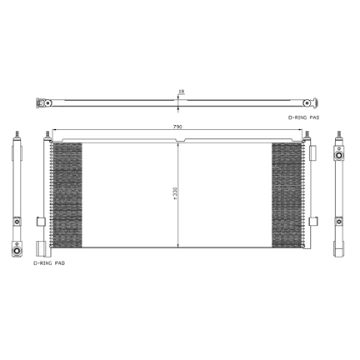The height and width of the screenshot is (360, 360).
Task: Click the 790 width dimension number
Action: tap(177, 127)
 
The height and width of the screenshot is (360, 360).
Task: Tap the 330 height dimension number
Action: tap(175, 193)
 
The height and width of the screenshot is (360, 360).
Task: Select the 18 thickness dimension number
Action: tap(182, 92)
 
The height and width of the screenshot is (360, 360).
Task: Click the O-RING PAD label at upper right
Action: tap(303, 117)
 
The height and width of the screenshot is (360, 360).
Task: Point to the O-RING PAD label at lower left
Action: tap(49, 263)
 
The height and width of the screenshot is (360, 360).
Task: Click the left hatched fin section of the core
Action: tap(67, 195)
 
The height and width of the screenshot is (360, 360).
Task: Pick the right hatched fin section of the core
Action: tap(287, 195)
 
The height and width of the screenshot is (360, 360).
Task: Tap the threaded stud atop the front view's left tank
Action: tap(47, 134)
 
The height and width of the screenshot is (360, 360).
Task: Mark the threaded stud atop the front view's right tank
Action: tap(307, 135)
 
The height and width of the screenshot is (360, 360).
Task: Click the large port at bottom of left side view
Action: tap(17, 251)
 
